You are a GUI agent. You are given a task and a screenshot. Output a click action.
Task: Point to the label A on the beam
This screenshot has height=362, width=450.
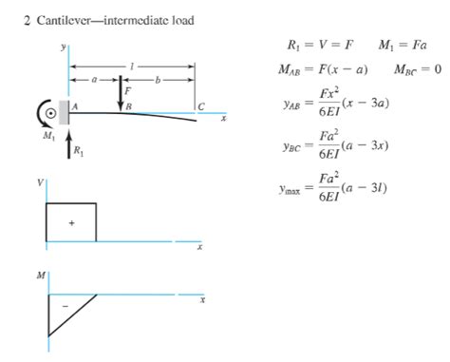tap(74, 105)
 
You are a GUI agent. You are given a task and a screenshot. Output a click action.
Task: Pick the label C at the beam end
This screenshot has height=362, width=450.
tap(200, 105)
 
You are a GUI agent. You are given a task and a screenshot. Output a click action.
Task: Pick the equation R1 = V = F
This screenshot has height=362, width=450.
tap(317, 45)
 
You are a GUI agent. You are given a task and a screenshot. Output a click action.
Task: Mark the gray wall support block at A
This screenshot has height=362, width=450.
tap(64, 112)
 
